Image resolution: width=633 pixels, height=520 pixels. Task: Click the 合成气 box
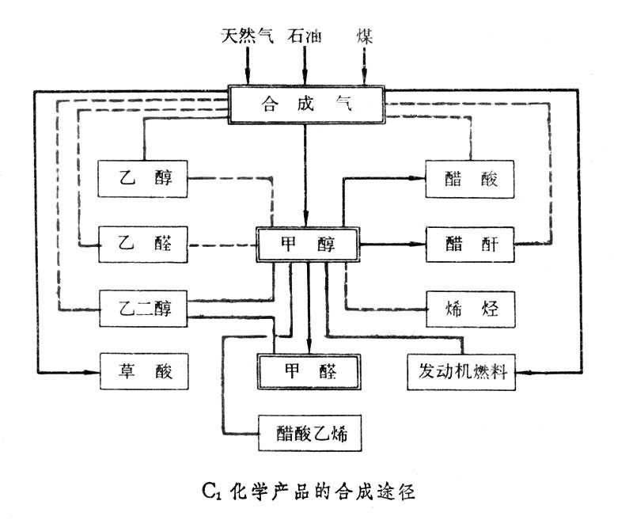(306, 104)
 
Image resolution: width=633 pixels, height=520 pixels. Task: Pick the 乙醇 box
(142, 179)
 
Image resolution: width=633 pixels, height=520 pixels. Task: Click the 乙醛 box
(142, 245)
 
